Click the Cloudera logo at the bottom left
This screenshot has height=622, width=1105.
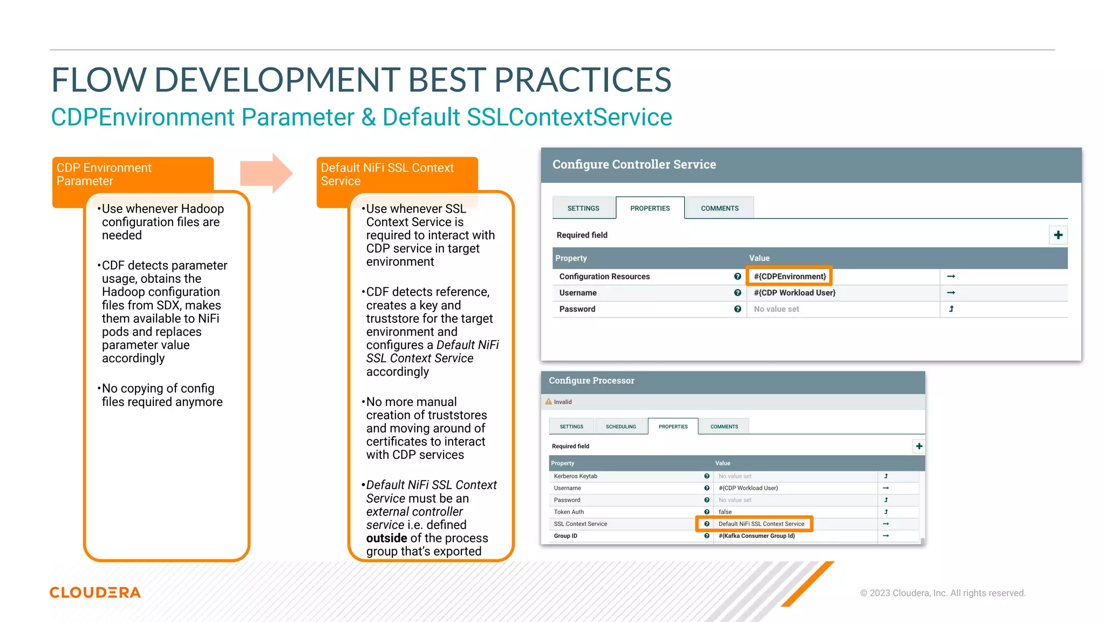pos(95,592)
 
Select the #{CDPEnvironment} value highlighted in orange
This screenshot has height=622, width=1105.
pos(789,276)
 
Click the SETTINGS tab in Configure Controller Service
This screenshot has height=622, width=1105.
pos(583,208)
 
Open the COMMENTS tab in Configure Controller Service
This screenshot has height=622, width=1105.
pos(719,208)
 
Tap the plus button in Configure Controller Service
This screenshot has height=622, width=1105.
pos(1058,235)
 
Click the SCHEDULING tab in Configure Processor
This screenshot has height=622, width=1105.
pos(620,427)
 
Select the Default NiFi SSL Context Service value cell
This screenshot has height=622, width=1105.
pos(761,524)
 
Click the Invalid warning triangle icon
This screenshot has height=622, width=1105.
pos(549,402)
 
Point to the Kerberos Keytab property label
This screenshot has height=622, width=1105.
pos(575,476)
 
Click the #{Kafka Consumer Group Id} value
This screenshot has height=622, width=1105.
pos(756,536)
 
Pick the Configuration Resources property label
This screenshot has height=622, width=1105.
pos(604,276)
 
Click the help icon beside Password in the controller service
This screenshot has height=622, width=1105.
pos(738,309)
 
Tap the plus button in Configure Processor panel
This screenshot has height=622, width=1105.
pos(919,446)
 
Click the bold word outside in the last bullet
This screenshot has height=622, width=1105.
pos(386,538)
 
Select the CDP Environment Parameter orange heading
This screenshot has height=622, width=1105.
pos(104,174)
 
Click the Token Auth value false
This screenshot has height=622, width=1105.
pos(725,512)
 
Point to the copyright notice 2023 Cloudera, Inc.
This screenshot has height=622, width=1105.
pos(943,593)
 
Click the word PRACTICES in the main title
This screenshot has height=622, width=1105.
pos(583,80)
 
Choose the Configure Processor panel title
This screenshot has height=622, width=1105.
pos(591,381)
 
